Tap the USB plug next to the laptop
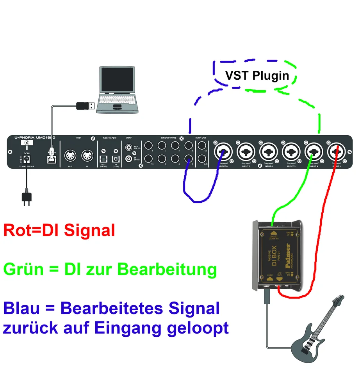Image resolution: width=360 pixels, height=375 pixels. [x=85, y=105]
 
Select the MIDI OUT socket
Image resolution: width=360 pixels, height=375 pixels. [x=71, y=156]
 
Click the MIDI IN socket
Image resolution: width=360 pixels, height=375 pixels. [x=87, y=156]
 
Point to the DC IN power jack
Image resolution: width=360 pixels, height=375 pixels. [x=27, y=159]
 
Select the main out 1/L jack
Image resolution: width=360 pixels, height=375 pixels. [x=201, y=146]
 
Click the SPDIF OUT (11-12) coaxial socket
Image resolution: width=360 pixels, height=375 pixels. [x=129, y=148]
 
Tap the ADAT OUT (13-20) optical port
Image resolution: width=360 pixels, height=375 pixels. [x=104, y=159]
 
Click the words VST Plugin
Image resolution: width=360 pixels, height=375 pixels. [x=257, y=75]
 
